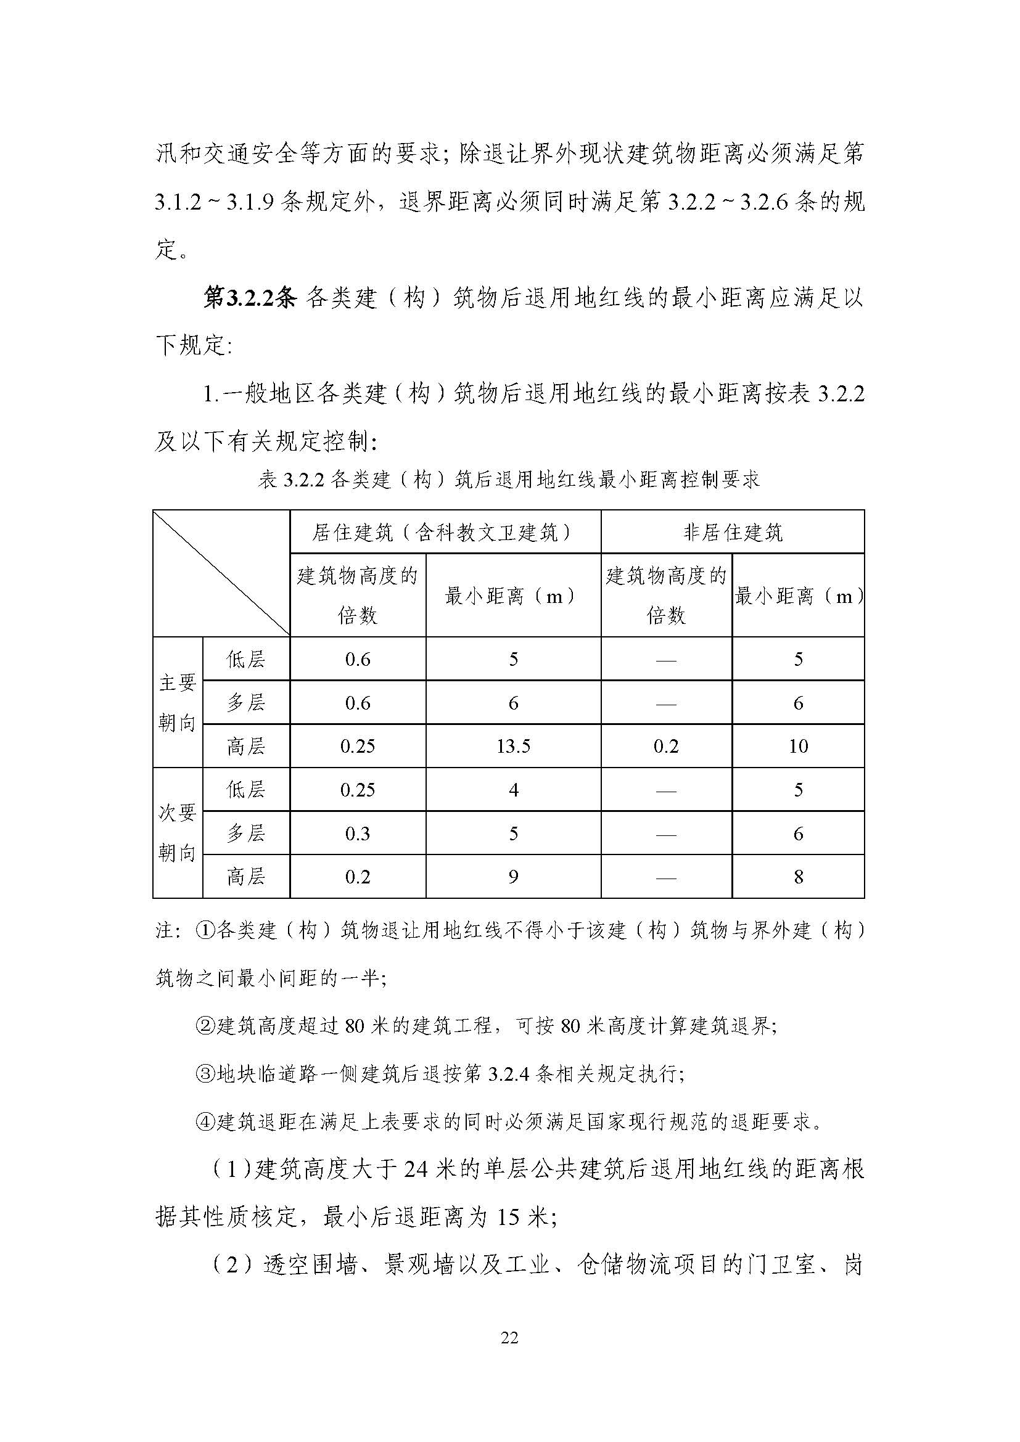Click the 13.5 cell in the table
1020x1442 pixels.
513,746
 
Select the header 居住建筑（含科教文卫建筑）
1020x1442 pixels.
445,533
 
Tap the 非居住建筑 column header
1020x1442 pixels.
733,533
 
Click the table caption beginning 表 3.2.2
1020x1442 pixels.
509,480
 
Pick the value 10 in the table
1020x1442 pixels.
798,746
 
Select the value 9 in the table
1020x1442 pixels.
513,877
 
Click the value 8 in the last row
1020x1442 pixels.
798,877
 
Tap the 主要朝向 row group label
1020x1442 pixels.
177,702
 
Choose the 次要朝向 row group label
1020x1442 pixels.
177,833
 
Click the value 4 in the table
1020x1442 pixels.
513,790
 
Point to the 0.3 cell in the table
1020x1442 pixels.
358,834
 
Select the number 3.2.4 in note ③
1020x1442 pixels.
509,1074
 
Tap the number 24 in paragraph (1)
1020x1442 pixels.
417,1170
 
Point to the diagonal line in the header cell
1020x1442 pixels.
221,573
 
